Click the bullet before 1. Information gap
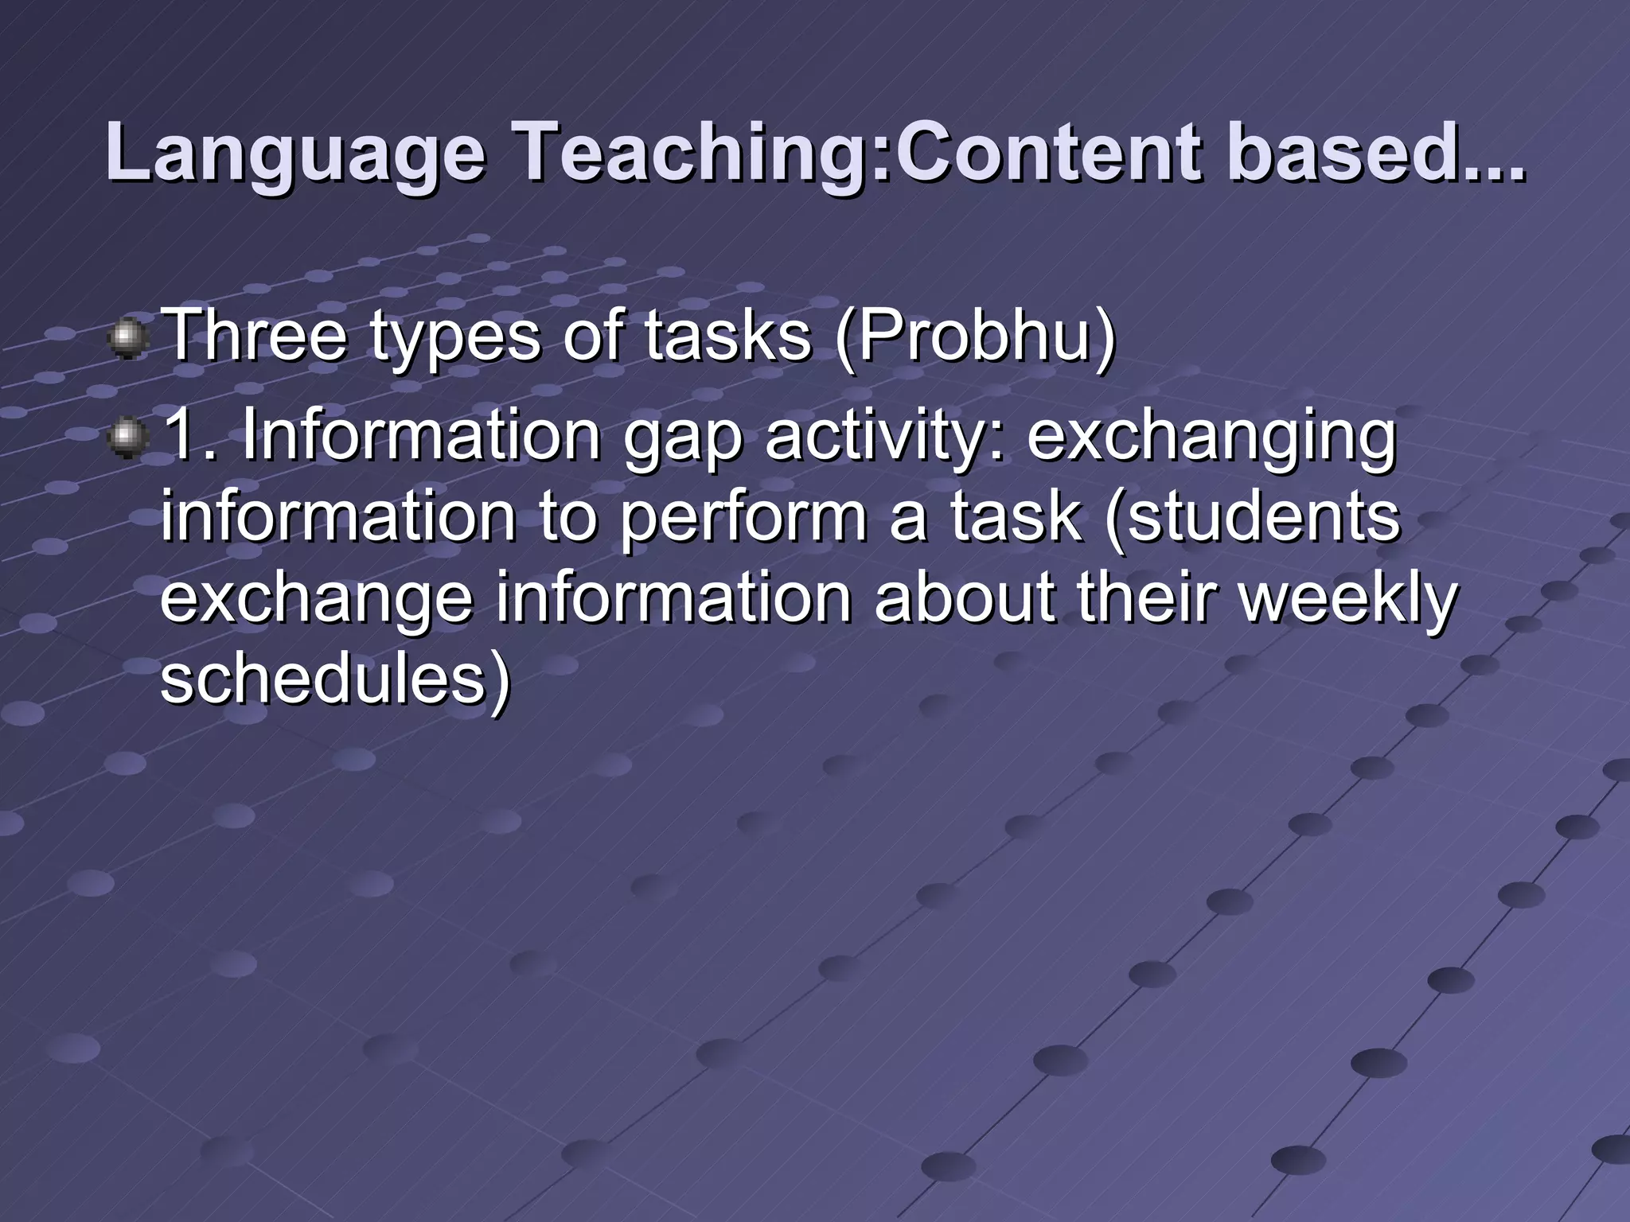(126, 439)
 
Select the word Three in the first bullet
(254, 337)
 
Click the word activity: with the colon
(883, 439)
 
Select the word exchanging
(1211, 439)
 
